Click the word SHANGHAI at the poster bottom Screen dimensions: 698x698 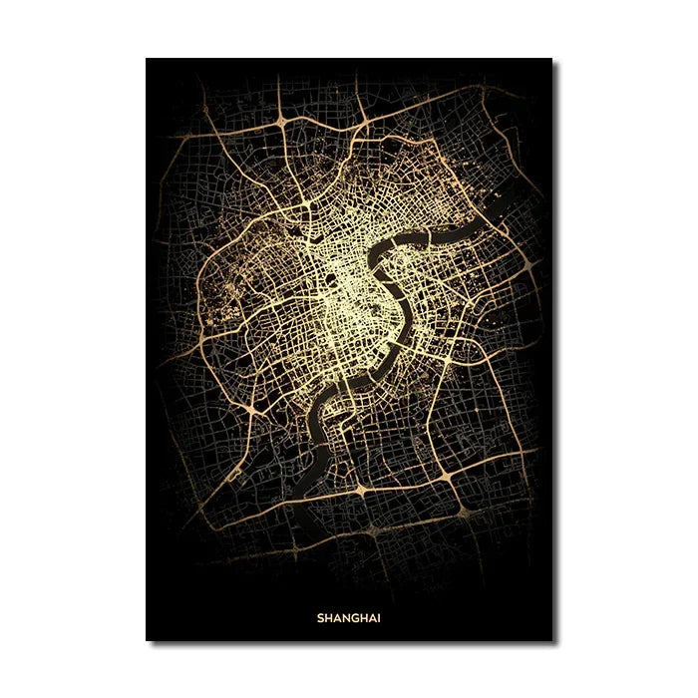(x=349, y=617)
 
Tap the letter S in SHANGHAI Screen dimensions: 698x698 (x=320, y=617)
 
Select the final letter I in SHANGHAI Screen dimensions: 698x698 (x=379, y=617)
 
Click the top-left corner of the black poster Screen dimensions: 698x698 (x=147, y=59)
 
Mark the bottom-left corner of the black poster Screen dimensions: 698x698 (x=147, y=640)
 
